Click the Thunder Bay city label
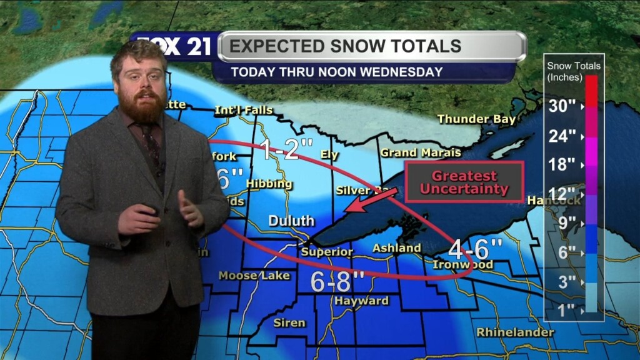476,119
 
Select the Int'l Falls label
244,111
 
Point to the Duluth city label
291,221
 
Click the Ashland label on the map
396,248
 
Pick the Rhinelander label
515,332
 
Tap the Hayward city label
361,301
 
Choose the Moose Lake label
254,276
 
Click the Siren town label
289,322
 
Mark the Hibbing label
269,184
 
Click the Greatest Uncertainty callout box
464,182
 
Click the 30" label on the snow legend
562,106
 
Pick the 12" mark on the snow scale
562,194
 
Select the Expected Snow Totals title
345,46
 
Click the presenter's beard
143,107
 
